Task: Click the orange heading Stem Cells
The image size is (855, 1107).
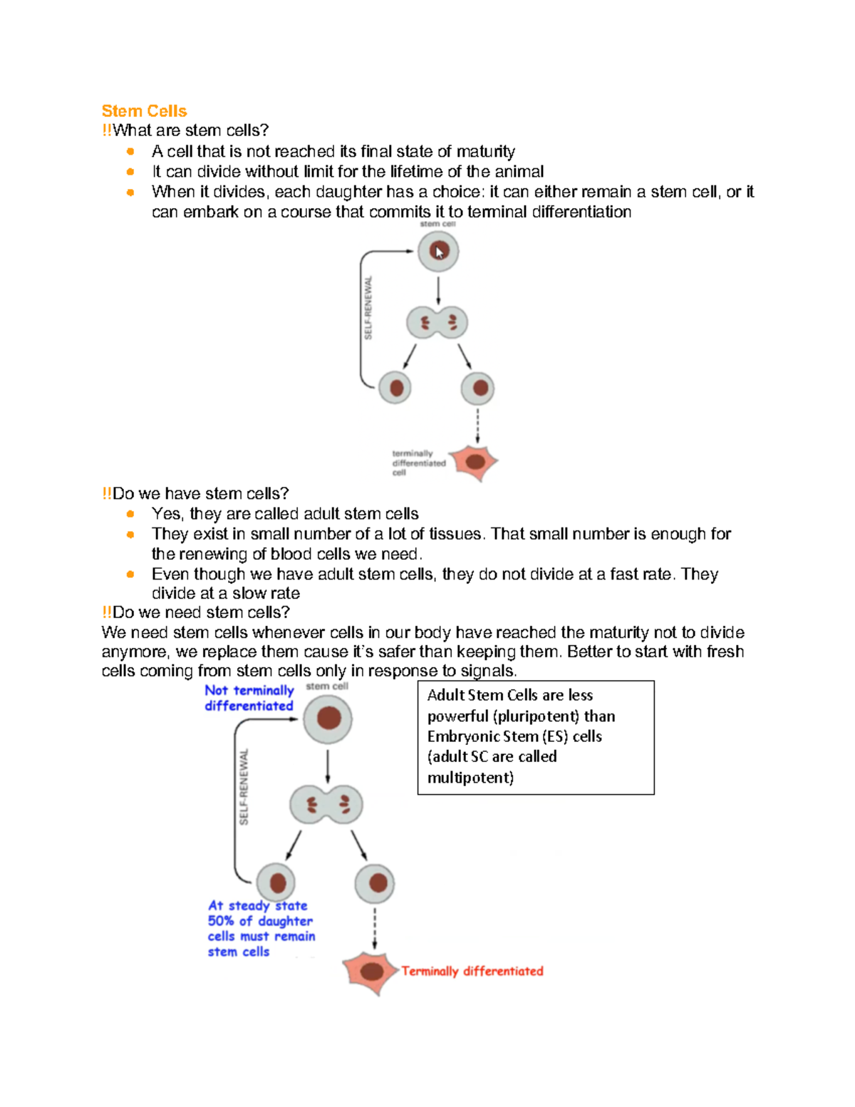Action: pos(144,111)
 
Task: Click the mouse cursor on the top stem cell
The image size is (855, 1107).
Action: pos(440,252)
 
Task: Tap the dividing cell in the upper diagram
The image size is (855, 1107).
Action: pos(437,323)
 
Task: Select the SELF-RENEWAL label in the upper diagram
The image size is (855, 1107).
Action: pos(368,308)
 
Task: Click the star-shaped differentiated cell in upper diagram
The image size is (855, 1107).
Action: pos(475,462)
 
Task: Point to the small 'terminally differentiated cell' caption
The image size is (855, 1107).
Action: pos(418,463)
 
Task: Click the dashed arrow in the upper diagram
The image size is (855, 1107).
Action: pos(477,425)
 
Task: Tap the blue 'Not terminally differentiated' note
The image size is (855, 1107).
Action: pos(249,698)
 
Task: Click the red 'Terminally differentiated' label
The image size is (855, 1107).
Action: pos(472,971)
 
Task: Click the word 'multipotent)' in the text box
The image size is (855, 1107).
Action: pos(470,778)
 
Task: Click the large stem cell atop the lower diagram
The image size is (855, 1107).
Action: pos(328,719)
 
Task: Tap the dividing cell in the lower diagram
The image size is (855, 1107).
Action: pos(326,805)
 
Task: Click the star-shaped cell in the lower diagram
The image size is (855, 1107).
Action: pos(370,972)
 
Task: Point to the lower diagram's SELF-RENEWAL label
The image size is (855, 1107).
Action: pos(244,787)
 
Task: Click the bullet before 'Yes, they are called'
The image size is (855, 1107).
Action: pos(130,514)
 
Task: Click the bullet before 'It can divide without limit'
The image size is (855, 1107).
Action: pos(130,172)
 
